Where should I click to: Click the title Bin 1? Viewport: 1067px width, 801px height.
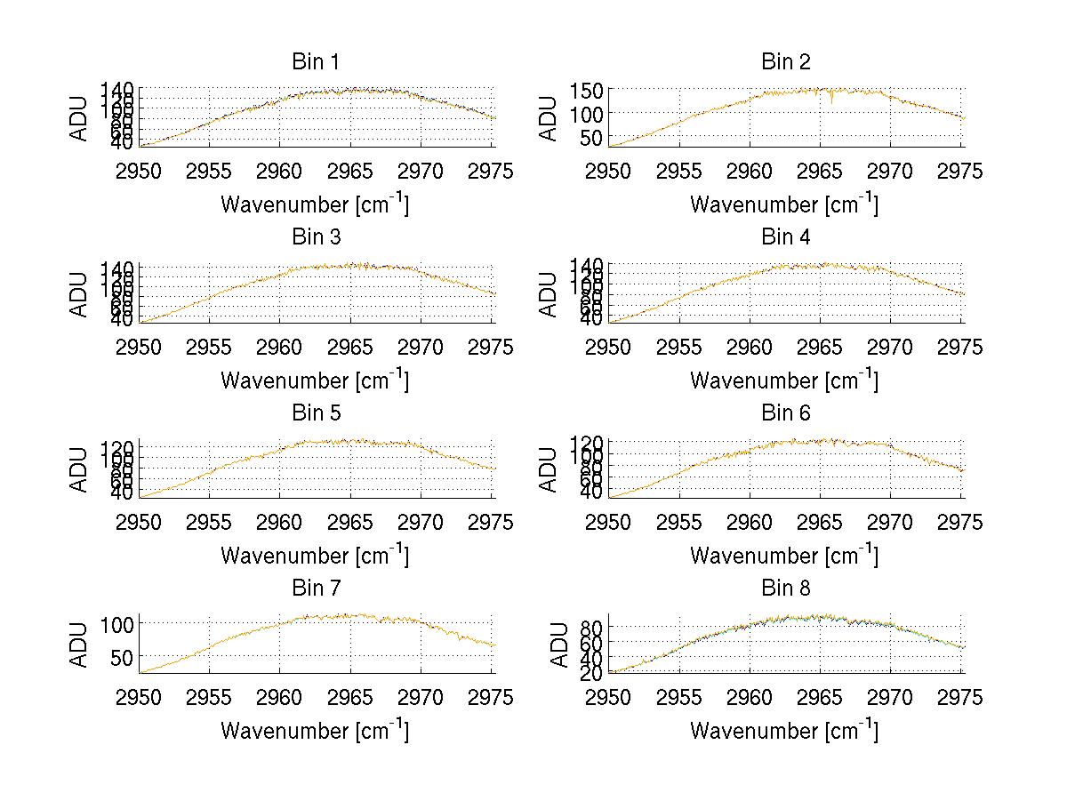point(316,62)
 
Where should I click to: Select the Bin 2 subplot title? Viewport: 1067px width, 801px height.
point(785,62)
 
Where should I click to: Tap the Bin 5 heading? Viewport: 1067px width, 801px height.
point(316,413)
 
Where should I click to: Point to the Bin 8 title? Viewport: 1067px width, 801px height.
point(785,589)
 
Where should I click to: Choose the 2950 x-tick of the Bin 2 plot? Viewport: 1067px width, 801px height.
point(609,171)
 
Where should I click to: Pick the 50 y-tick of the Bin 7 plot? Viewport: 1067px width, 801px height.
point(124,656)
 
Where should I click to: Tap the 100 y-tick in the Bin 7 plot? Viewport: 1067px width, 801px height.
point(118,623)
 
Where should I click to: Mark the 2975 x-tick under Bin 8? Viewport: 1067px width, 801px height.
point(961,698)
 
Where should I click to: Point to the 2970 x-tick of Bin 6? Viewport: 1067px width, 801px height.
point(890,522)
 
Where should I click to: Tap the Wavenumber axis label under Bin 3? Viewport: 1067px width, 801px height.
point(315,380)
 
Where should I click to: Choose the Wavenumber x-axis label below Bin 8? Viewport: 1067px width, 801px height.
point(784,731)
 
